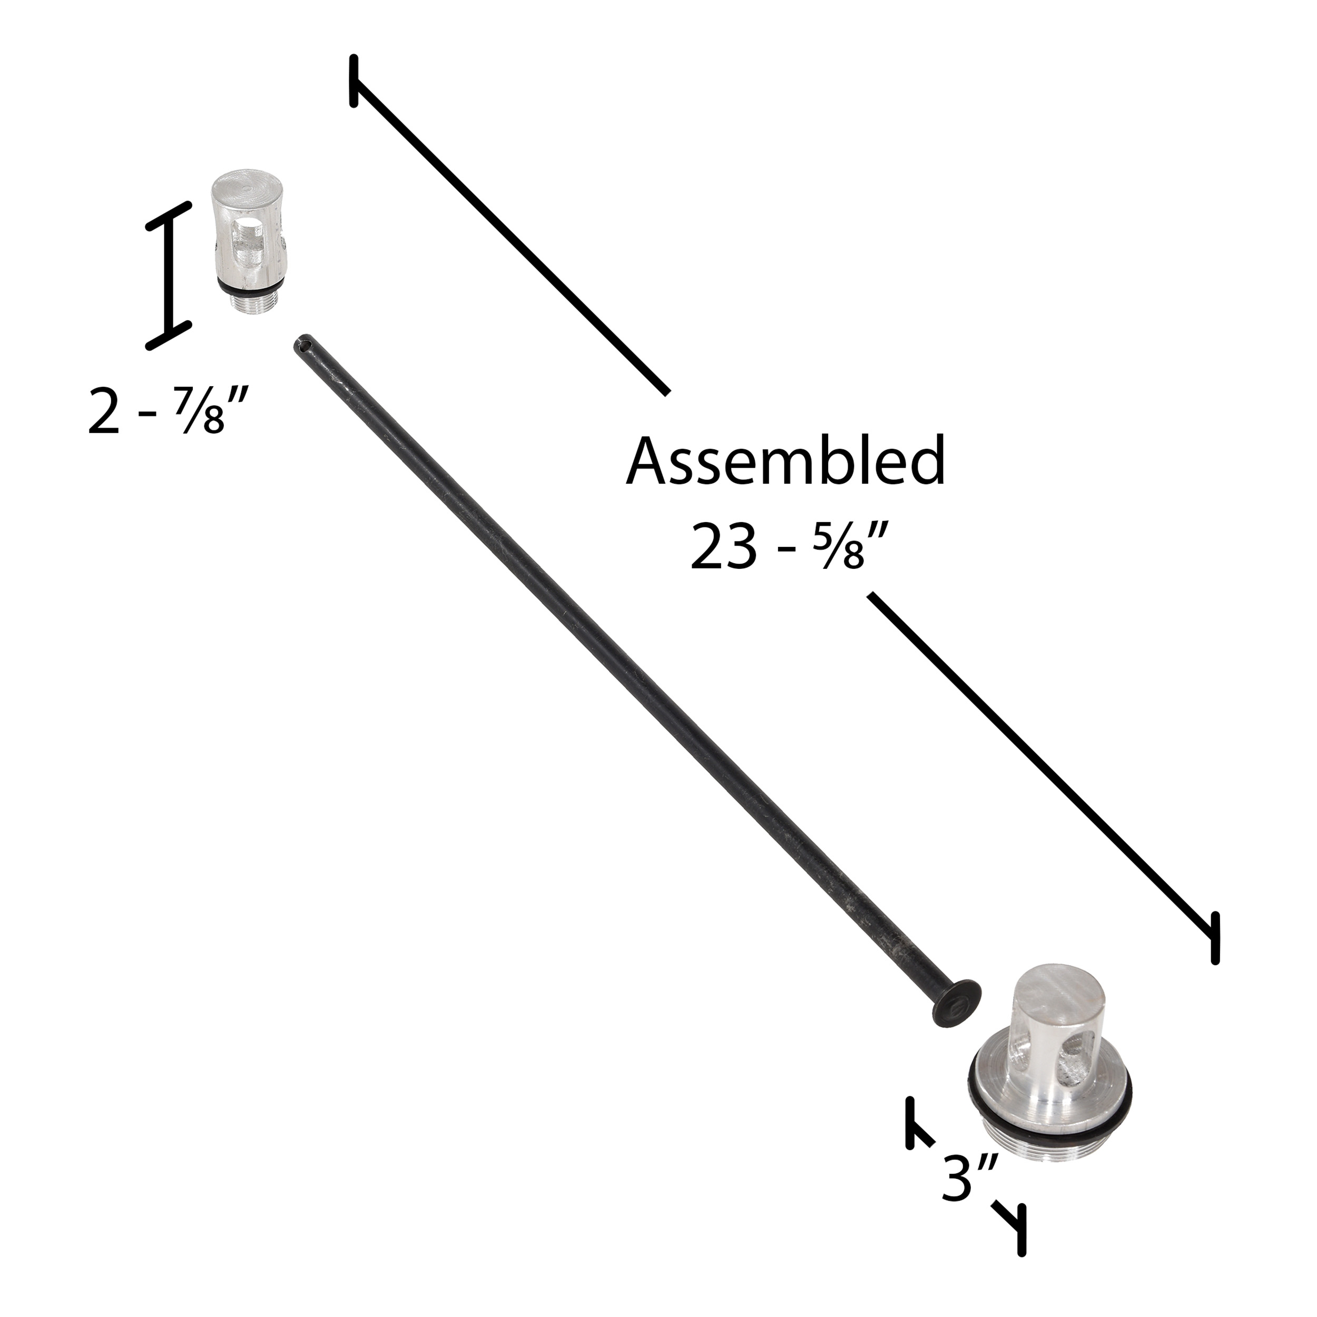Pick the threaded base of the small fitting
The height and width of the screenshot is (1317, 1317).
click(x=252, y=302)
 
